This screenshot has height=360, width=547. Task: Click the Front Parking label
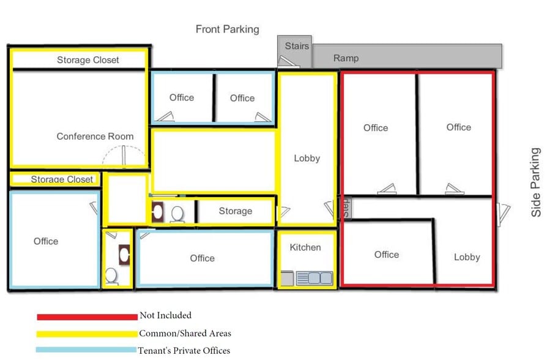point(227,29)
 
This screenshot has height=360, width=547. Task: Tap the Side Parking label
point(536,182)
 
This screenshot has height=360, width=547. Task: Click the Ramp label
point(346,58)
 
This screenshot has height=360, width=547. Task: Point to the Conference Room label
point(95,137)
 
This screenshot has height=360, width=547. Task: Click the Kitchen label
point(305,247)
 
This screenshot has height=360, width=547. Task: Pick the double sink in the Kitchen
point(314,278)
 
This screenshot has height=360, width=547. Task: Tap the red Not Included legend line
point(87,317)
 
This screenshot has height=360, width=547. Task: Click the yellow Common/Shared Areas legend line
point(87,334)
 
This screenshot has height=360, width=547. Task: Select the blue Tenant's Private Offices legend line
point(86,350)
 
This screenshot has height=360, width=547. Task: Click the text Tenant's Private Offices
point(184,350)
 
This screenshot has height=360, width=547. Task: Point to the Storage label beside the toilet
point(235,211)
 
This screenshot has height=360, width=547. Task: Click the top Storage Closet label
point(88,60)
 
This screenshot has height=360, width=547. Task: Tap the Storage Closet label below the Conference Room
point(62,179)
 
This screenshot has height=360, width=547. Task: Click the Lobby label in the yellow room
point(307,158)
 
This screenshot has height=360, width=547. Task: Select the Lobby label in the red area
point(467,257)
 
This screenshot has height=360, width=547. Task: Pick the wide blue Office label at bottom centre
point(202,258)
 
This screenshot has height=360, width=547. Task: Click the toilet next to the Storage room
point(178,214)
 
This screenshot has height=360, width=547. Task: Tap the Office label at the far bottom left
point(46,241)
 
